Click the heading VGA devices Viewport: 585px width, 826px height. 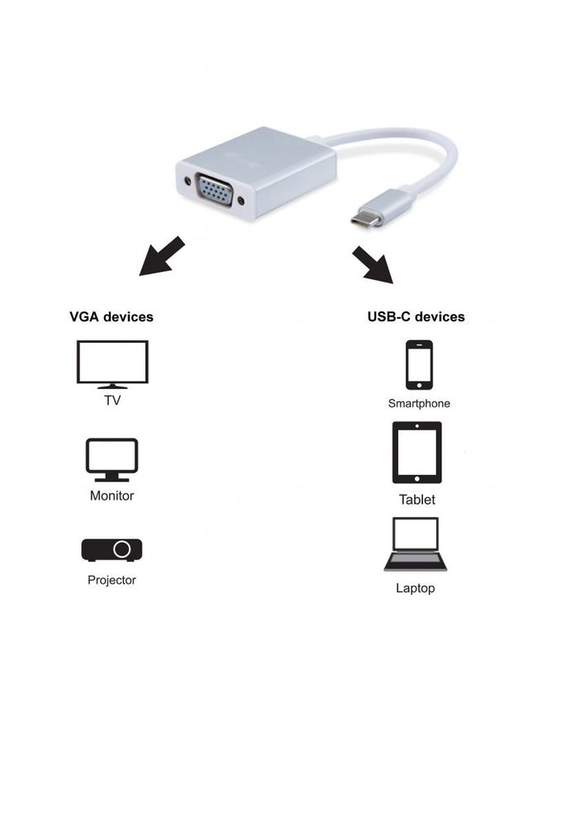(112, 316)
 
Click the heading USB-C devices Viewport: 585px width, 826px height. (416, 316)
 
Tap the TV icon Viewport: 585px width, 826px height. (112, 363)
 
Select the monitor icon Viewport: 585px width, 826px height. (112, 459)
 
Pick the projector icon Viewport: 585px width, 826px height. (112, 549)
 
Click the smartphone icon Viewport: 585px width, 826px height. (419, 364)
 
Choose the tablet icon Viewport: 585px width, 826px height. (416, 453)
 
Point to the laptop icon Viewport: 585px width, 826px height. (415, 545)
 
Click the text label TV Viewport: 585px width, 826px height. (112, 401)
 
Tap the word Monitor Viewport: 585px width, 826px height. (112, 496)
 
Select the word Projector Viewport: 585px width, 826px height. (112, 580)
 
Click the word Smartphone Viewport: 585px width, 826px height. (419, 404)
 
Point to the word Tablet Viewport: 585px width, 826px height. (416, 500)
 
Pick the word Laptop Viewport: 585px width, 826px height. (415, 589)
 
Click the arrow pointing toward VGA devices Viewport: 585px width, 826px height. (161, 257)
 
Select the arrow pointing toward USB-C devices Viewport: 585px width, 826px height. (373, 263)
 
